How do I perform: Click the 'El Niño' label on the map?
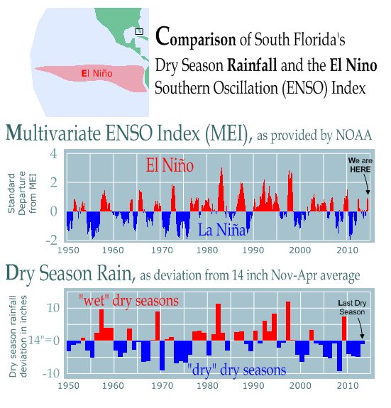click(x=97, y=73)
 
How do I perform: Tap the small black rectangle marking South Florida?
click(x=139, y=32)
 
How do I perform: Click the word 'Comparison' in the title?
click(x=195, y=37)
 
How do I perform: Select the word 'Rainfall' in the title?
click(x=252, y=65)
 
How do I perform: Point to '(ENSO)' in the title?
click(x=305, y=88)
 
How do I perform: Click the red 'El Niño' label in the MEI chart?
click(x=170, y=165)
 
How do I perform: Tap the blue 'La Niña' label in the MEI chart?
click(x=222, y=230)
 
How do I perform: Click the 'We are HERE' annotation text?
click(x=360, y=165)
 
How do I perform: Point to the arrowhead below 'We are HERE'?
click(x=368, y=192)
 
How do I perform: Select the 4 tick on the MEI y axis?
click(x=54, y=153)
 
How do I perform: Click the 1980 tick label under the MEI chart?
click(x=207, y=250)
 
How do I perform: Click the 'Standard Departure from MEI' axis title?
click(x=22, y=193)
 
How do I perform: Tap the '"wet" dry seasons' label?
click(x=128, y=301)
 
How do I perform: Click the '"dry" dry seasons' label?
click(x=236, y=370)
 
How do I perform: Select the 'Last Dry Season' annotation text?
click(x=352, y=307)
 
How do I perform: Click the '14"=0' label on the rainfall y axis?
click(x=44, y=340)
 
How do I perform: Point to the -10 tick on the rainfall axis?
click(x=51, y=374)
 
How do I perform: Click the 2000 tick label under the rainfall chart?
click(x=300, y=385)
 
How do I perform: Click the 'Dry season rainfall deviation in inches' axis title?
click(x=18, y=336)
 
